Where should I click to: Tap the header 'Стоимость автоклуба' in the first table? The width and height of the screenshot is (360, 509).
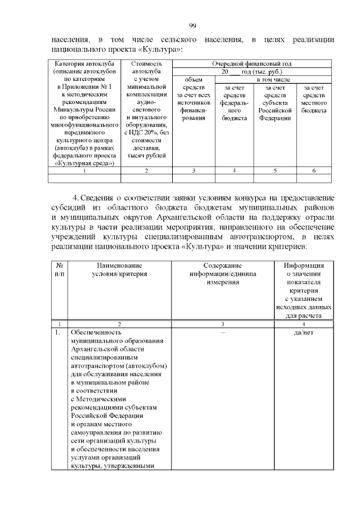(146, 68)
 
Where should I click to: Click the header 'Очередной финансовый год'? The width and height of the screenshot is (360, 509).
(251, 64)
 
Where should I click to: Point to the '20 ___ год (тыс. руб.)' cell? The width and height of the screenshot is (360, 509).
(251, 72)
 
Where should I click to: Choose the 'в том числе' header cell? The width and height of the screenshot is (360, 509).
(274, 80)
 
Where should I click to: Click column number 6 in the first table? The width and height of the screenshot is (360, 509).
(314, 170)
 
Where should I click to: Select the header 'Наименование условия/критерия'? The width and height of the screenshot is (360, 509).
(119, 269)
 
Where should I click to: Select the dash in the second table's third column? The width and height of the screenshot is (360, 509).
(222, 332)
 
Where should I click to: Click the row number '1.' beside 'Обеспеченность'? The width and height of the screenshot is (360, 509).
(58, 332)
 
